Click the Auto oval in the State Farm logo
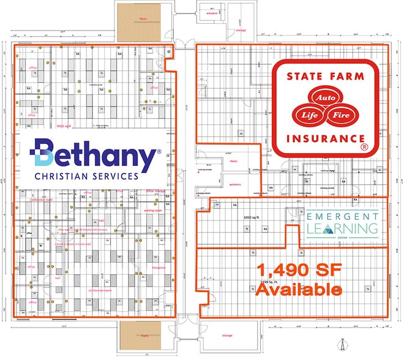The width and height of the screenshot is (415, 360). click(322, 97)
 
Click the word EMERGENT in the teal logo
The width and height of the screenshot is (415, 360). click(342, 217)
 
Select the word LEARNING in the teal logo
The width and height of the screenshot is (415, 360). click(342, 228)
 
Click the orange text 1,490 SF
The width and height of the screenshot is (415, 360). click(298, 270)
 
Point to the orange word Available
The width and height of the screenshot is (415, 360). click(298, 289)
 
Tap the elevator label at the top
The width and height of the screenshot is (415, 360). click(212, 13)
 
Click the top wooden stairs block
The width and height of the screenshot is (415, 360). click(138, 23)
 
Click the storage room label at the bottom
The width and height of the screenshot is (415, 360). click(227, 336)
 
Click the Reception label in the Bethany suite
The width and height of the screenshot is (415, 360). click(159, 267)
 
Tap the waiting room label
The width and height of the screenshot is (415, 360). click(153, 210)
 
